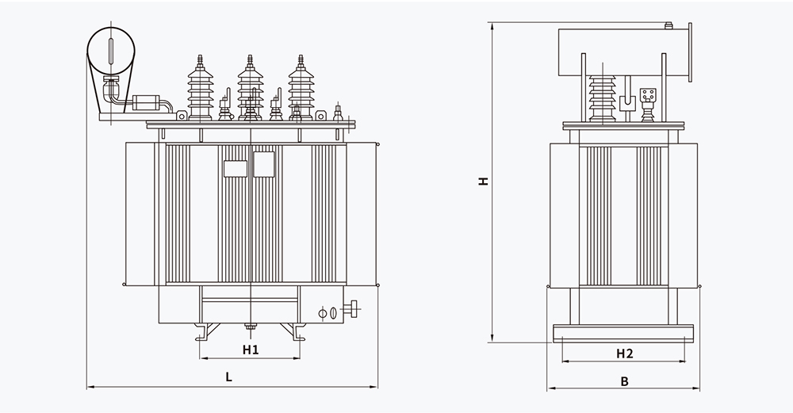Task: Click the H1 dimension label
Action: tap(251, 350)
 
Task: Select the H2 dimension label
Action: tap(624, 353)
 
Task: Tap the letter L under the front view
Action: tap(228, 378)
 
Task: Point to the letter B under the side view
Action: tap(624, 381)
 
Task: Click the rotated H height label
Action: tap(483, 181)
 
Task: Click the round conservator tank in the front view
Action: tap(110, 52)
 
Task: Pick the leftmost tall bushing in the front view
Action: tap(199, 87)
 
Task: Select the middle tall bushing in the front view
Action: tap(250, 87)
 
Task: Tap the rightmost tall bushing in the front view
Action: tap(301, 87)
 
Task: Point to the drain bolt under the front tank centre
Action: tap(251, 327)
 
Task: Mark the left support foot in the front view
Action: tap(205, 330)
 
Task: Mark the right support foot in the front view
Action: tap(297, 330)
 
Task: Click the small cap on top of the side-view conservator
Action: tap(670, 29)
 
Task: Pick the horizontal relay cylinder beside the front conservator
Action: tap(146, 102)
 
